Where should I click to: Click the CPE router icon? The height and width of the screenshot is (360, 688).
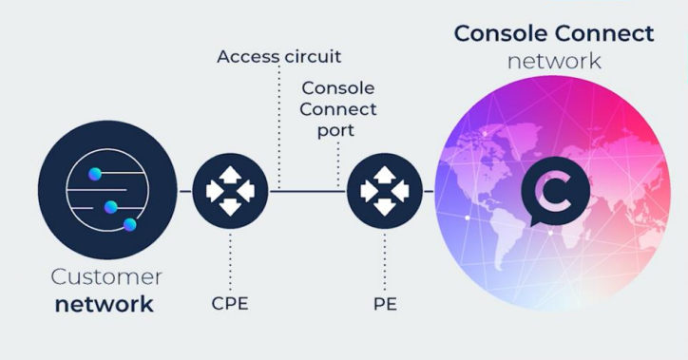pos(230,192)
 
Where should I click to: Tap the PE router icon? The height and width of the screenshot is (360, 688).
pos(384,192)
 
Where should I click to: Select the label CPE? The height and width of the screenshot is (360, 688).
pos(230,306)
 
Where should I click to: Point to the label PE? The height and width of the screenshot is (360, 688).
pos(384,306)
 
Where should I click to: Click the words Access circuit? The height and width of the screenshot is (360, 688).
pos(278,57)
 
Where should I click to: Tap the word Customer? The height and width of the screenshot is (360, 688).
pos(105,277)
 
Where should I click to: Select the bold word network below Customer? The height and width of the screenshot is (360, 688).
pos(105,305)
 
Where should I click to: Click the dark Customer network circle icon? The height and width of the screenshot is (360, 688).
pos(107,192)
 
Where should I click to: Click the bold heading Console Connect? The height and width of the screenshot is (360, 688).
pos(554,33)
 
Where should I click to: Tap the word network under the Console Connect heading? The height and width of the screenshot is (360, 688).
pos(554,61)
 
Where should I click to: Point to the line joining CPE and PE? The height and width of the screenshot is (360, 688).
pos(309,192)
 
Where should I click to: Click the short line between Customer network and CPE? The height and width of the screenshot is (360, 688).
pos(184,192)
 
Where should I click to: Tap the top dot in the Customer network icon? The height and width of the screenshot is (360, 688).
pos(95,174)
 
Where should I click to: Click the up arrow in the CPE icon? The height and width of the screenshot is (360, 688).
pos(230,176)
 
